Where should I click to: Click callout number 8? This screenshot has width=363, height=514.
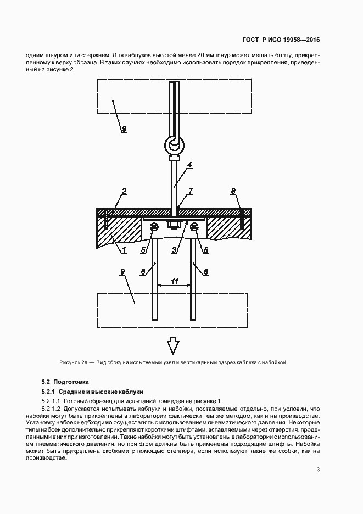233,191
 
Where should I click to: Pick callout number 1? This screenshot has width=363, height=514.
124,250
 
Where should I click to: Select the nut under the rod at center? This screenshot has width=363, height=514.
174,224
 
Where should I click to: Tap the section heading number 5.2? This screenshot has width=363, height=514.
46,382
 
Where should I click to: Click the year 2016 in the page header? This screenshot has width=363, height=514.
311,40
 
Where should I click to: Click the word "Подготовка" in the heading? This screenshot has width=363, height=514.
71,382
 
